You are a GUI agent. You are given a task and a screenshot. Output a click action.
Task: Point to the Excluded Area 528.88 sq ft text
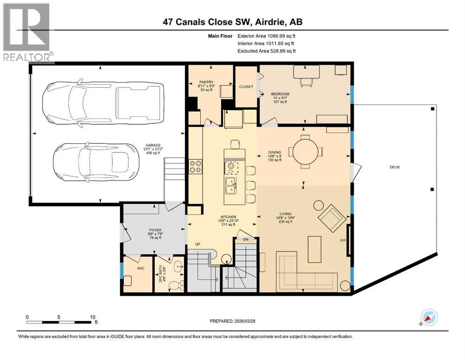[266, 51]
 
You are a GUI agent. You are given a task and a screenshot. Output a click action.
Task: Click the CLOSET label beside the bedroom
[246, 87]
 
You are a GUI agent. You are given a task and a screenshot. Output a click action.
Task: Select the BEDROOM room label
[280, 94]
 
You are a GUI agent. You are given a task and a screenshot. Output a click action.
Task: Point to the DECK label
[394, 167]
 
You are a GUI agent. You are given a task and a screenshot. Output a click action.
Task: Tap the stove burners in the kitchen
[195, 167]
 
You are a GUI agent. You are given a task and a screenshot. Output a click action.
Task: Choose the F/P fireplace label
[343, 241]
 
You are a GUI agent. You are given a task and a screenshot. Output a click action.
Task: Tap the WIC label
[140, 269]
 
